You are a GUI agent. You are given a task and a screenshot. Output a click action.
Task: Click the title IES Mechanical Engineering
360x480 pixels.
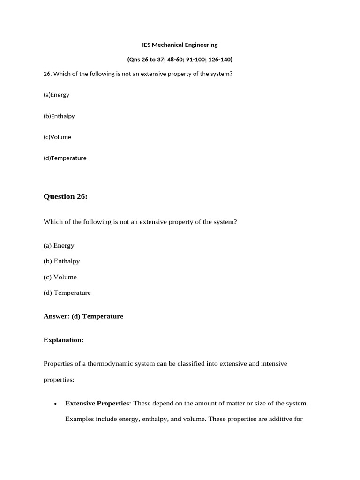(x=180, y=45)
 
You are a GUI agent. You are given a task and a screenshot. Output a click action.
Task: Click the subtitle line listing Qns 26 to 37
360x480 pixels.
(x=180, y=60)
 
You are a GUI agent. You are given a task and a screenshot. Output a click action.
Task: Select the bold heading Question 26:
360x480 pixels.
(x=66, y=196)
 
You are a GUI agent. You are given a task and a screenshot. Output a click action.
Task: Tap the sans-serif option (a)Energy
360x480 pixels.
(x=56, y=95)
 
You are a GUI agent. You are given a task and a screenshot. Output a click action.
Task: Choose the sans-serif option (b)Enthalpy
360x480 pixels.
(x=59, y=116)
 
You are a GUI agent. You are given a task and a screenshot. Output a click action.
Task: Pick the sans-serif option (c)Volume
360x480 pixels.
(x=57, y=137)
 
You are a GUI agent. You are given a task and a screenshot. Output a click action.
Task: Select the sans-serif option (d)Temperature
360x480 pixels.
(x=65, y=158)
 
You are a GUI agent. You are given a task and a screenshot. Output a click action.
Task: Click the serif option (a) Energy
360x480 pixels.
(x=59, y=245)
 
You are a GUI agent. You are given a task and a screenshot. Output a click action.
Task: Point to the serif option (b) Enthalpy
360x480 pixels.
(x=61, y=261)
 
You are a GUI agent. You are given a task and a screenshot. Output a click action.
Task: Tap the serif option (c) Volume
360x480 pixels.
(x=60, y=277)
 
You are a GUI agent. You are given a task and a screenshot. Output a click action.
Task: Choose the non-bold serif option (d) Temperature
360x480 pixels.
(x=67, y=292)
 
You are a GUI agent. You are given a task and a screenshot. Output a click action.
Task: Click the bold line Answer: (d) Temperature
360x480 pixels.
(x=83, y=316)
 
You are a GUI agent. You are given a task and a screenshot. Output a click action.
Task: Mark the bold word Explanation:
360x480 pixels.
(x=63, y=340)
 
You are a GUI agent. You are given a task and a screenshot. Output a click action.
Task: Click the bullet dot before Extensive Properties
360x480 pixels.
(x=55, y=404)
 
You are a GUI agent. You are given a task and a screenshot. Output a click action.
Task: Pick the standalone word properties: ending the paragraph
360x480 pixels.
(x=59, y=380)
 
